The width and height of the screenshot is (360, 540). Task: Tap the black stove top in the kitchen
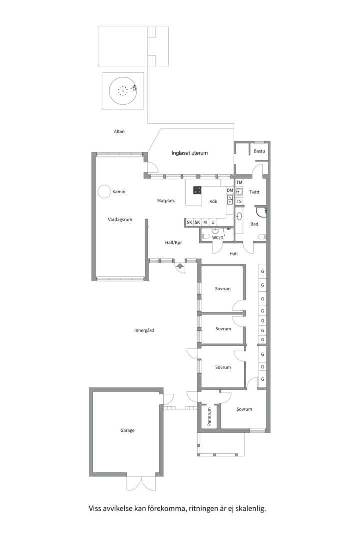point(197,191)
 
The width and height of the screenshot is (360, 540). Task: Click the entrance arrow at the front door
point(180,266)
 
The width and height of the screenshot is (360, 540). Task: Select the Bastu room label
point(259,151)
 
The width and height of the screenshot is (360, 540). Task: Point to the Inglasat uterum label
point(190,153)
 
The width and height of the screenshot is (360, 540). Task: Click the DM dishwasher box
point(230,191)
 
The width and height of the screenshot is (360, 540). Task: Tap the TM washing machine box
point(239,182)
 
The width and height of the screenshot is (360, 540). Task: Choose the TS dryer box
point(239,202)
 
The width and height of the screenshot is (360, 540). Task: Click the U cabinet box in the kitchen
point(213,223)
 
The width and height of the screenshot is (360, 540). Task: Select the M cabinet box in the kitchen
point(205,223)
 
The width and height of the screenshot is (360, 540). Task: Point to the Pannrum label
point(209,416)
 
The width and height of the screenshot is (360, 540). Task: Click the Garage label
point(127,430)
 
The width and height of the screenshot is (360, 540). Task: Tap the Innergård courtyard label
point(144,330)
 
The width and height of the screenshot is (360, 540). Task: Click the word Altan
point(119,131)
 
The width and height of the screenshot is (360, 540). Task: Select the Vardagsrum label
point(120,219)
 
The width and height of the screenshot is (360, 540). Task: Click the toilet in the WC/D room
point(205,236)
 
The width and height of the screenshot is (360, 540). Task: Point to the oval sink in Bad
point(240,216)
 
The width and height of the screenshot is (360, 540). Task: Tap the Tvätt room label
point(255,192)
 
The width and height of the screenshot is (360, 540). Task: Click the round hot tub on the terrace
point(123,91)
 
